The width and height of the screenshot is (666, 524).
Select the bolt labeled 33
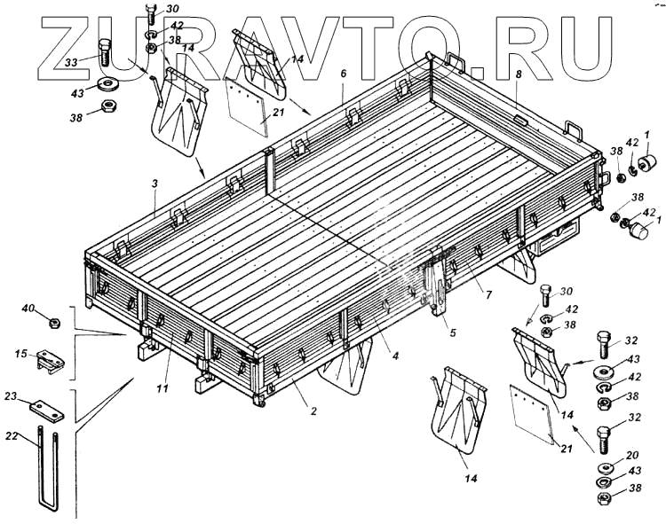coord(104,55)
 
